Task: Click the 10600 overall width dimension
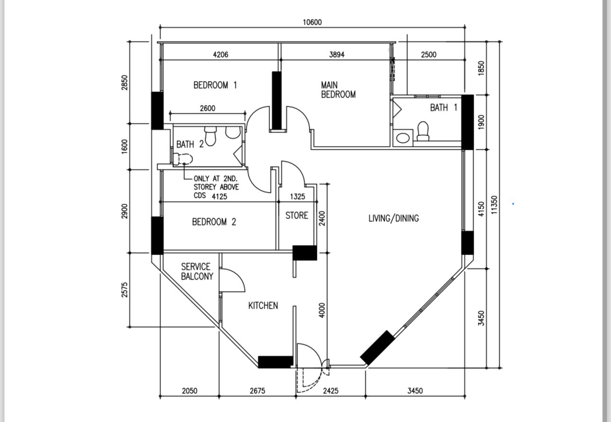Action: (x=312, y=22)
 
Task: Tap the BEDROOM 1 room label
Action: (x=215, y=85)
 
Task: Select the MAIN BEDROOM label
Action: (x=338, y=90)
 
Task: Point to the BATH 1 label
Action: (x=444, y=108)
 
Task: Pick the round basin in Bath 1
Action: (x=403, y=138)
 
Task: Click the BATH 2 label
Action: (x=190, y=144)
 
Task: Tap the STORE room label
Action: (x=297, y=216)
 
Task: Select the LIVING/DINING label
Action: (x=394, y=219)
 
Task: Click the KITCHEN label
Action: (x=263, y=306)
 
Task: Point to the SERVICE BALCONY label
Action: (x=197, y=272)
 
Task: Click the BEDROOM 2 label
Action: (x=214, y=222)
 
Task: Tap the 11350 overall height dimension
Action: (x=494, y=204)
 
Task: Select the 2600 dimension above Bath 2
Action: (x=207, y=108)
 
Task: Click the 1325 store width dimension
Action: (x=297, y=197)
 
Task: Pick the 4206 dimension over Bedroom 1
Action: (x=220, y=55)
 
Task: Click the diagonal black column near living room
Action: (x=377, y=348)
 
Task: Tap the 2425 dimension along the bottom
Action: (x=331, y=391)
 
